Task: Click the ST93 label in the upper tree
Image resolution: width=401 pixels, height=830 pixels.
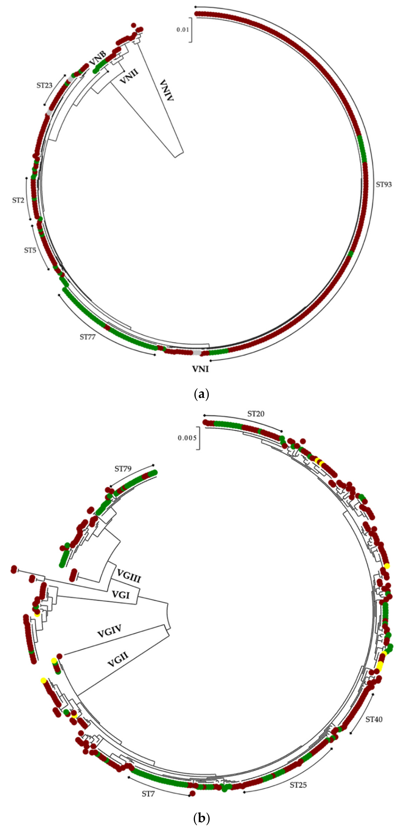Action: pyautogui.click(x=384, y=185)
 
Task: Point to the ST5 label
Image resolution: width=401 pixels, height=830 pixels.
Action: pyautogui.click(x=30, y=250)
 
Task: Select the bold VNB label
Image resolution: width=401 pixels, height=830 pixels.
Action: pyautogui.click(x=97, y=58)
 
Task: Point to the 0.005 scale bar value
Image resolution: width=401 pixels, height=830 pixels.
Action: pyautogui.click(x=187, y=438)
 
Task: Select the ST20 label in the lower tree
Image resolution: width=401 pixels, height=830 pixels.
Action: pyautogui.click(x=256, y=414)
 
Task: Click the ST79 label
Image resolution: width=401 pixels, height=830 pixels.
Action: pyautogui.click(x=123, y=469)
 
